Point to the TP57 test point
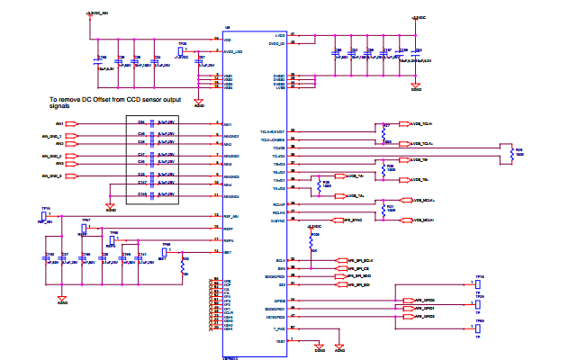click(86, 221)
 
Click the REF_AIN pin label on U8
click(231, 216)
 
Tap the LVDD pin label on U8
click(280, 35)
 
